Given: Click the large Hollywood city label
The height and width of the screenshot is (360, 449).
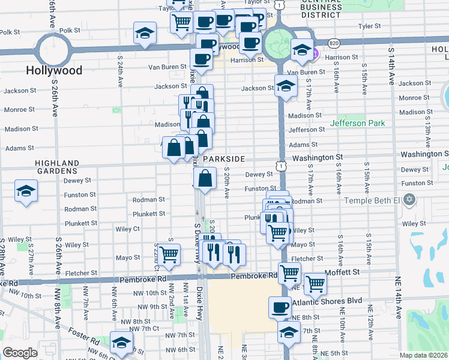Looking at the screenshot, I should click(x=54, y=70).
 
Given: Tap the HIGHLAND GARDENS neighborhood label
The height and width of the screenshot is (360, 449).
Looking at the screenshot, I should click(x=57, y=167).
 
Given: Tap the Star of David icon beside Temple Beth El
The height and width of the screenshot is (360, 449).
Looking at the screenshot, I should click(x=410, y=199).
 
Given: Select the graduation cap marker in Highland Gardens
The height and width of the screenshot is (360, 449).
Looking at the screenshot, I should click(x=26, y=191).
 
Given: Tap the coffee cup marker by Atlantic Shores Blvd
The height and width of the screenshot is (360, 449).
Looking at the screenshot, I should click(x=279, y=307).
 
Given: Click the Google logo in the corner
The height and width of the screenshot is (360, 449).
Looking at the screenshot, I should click(x=20, y=352).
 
